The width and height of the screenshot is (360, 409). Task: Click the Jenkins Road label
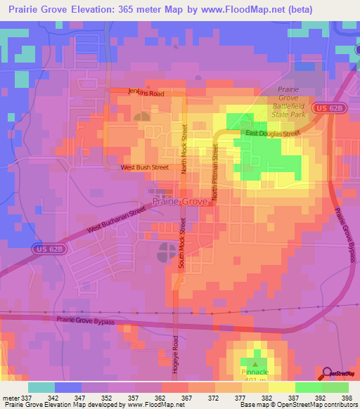(146, 92)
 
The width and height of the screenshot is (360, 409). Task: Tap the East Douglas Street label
(272, 133)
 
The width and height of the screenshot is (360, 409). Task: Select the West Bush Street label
(145, 167)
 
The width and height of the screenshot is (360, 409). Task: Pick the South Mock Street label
(181, 241)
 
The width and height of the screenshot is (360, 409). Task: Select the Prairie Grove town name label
(180, 201)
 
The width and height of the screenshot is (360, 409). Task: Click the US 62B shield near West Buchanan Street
(44, 249)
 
